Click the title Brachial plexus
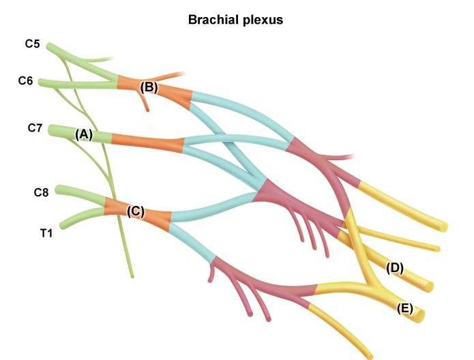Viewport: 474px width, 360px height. [x=235, y=20]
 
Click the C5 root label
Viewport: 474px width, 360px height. [x=32, y=45]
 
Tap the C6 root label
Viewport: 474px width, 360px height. [x=26, y=81]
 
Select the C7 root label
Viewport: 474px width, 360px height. [x=35, y=127]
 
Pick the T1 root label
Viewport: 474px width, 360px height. [x=46, y=232]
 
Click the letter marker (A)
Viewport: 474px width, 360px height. [x=84, y=134]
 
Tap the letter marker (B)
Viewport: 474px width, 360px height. [x=149, y=87]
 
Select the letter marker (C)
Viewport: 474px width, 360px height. [x=136, y=211]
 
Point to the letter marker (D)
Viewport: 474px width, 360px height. [x=394, y=268]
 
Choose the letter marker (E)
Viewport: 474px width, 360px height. [x=405, y=308]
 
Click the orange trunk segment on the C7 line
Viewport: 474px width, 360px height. [x=147, y=142]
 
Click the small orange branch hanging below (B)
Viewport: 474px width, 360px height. [x=146, y=104]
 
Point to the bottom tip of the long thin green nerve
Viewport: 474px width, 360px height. [x=132, y=276]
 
